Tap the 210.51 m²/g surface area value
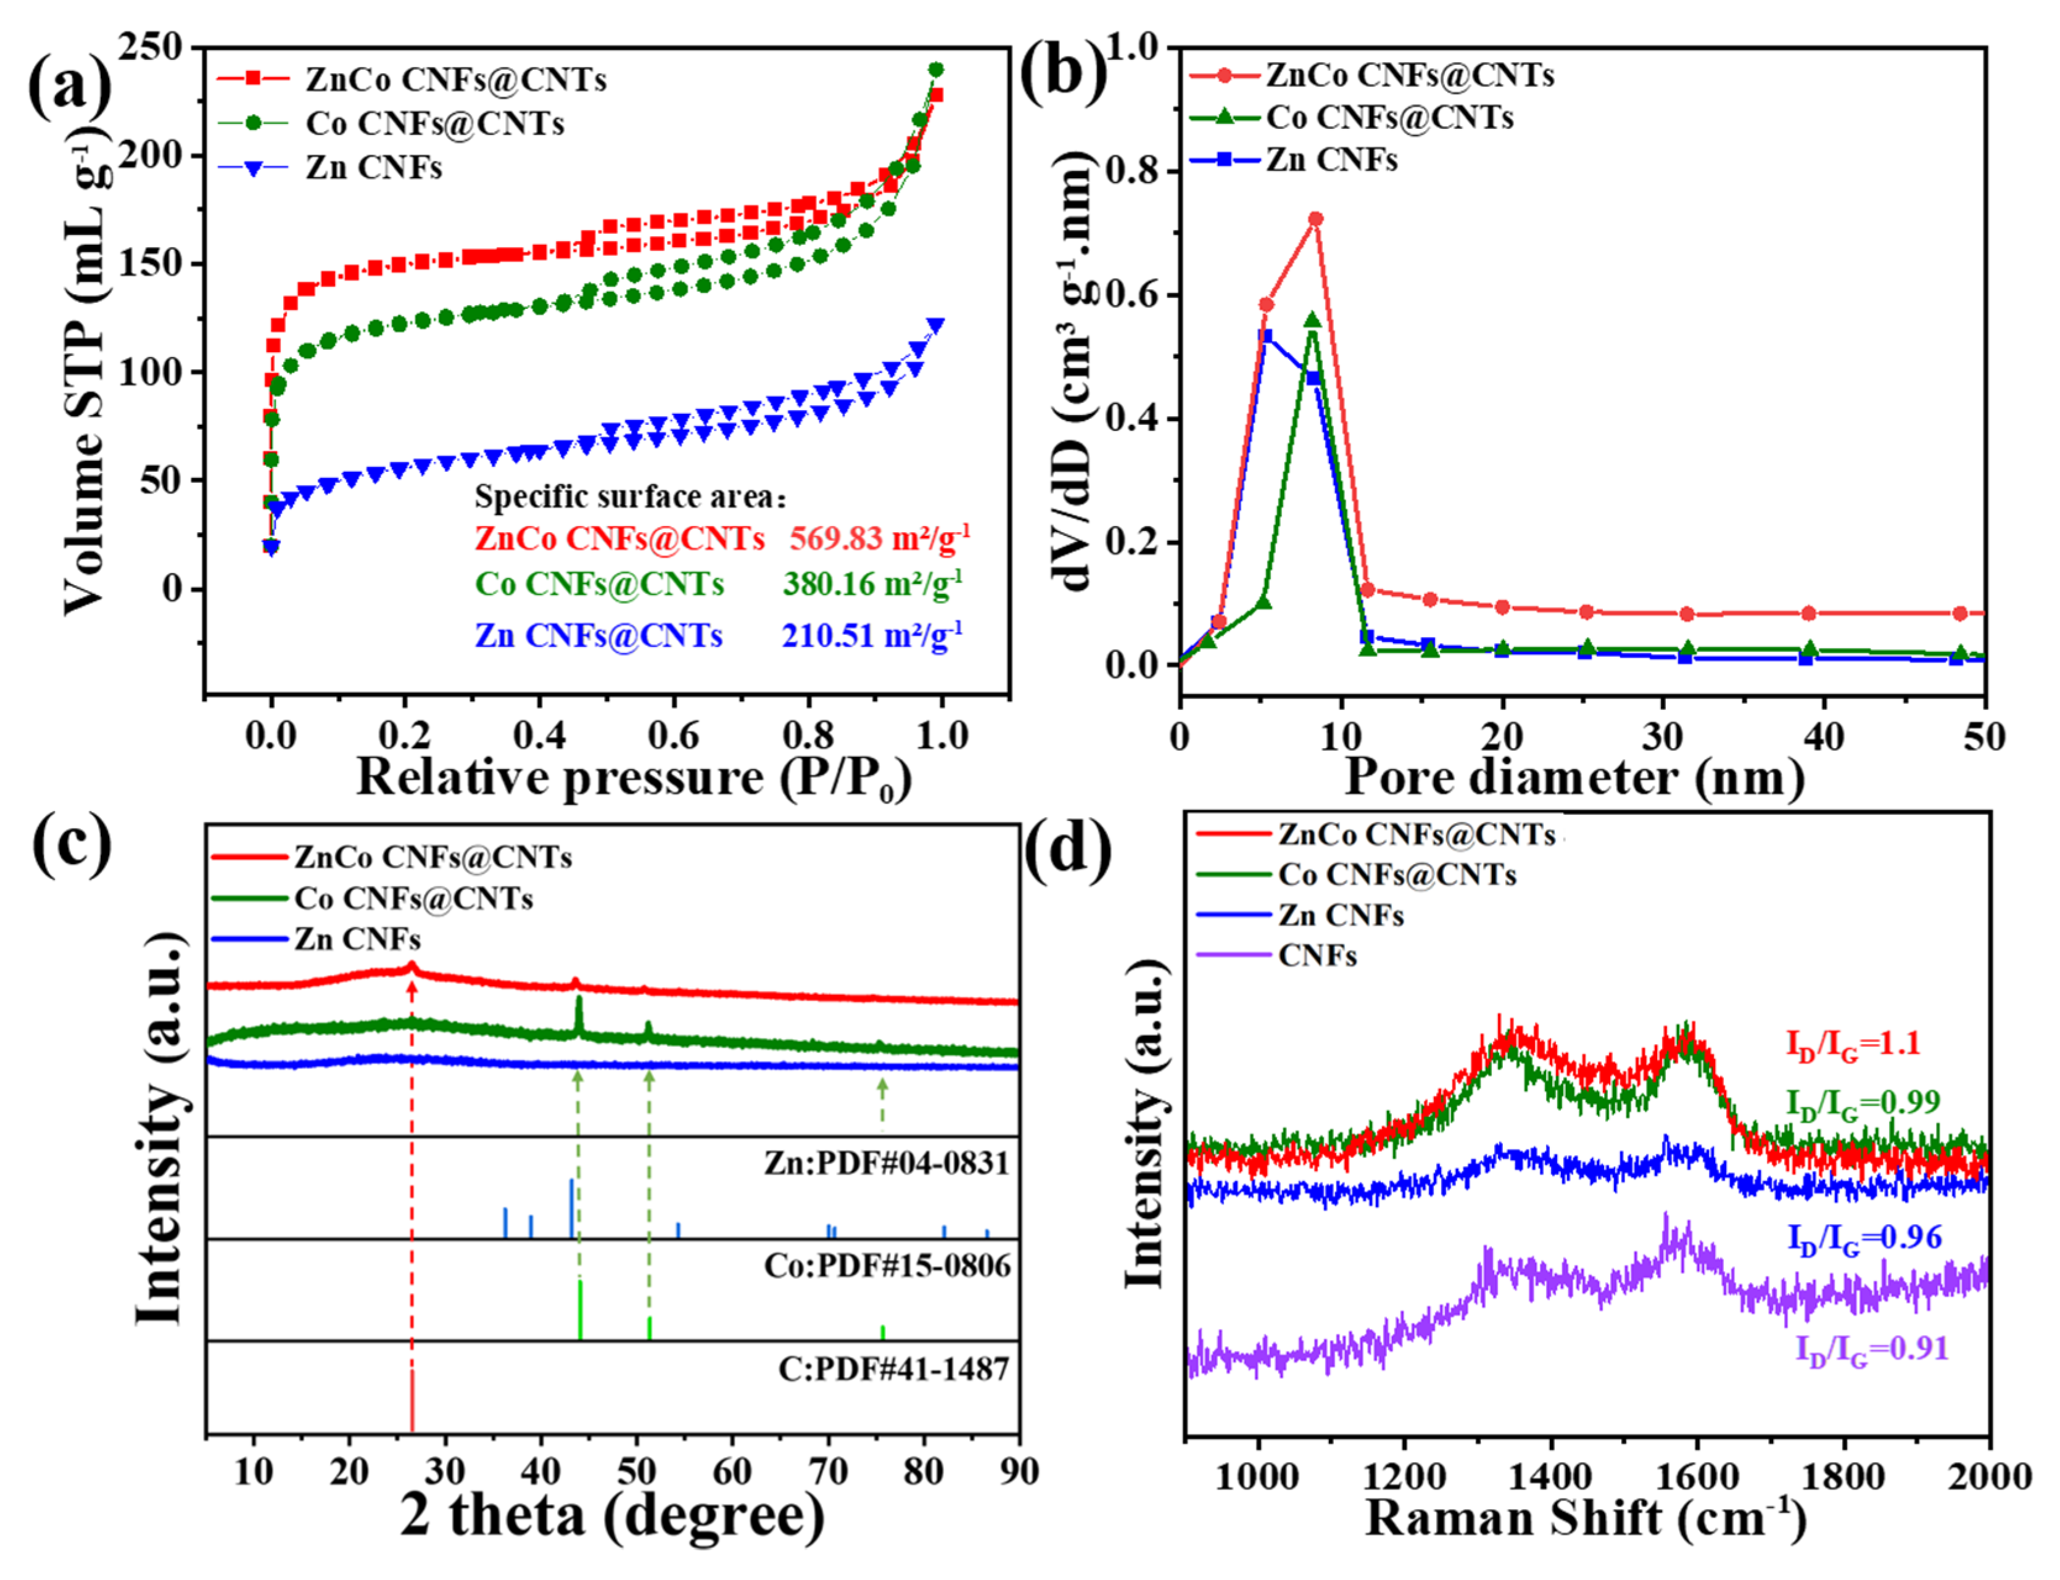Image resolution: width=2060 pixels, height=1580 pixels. [x=871, y=636]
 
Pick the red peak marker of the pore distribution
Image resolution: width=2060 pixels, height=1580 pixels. [x=1315, y=219]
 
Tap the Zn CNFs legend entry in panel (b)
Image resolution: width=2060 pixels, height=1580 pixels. [x=1330, y=160]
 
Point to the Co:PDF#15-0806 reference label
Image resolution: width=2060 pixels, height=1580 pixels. [x=886, y=1266]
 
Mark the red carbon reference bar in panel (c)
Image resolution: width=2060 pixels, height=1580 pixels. [x=412, y=1401]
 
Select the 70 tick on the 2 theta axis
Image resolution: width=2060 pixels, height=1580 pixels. [x=828, y=1472]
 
